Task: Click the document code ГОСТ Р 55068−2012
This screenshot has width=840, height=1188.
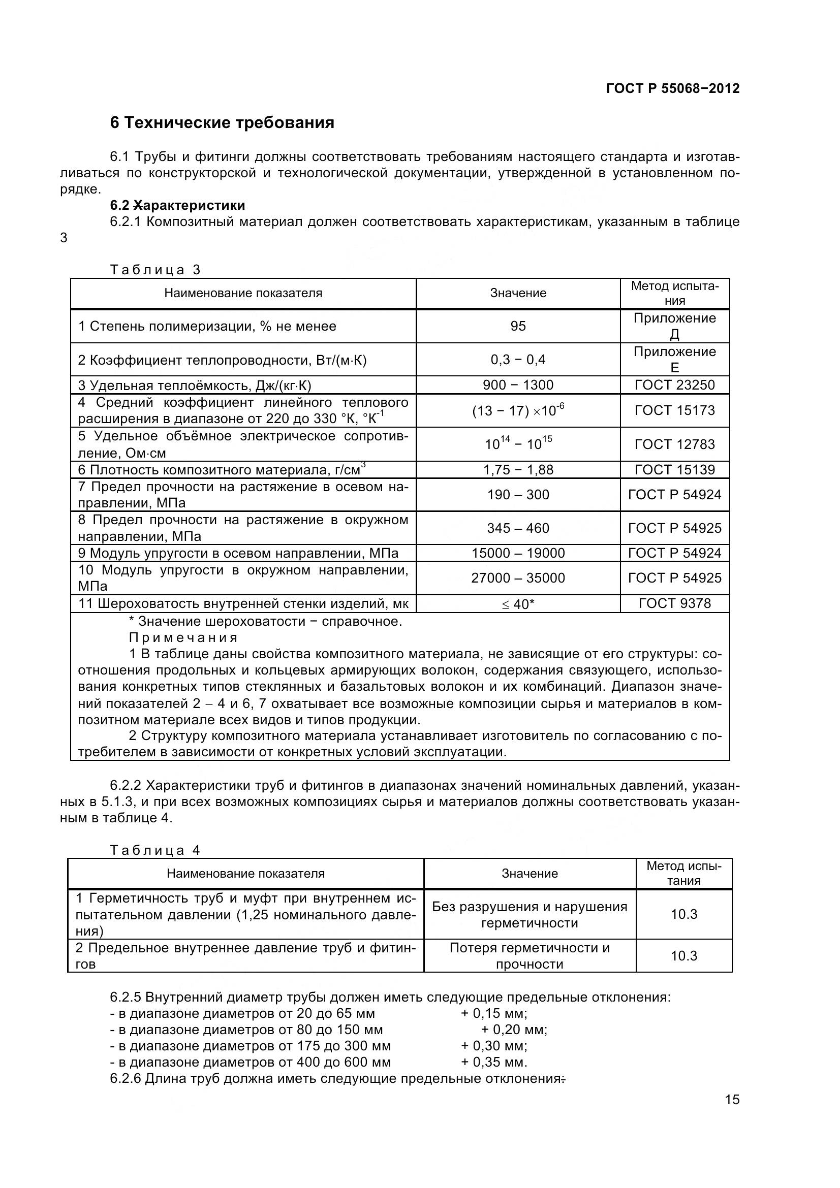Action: coord(672,88)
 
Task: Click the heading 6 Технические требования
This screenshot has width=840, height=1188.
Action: coord(222,122)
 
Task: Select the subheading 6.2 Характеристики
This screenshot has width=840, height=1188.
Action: coord(177,205)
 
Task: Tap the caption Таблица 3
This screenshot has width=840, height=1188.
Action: coord(155,270)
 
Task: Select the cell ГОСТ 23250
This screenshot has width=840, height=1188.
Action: coord(674,385)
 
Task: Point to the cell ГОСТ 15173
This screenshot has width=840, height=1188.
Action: coord(674,410)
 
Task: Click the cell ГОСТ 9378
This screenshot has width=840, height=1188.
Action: coord(674,603)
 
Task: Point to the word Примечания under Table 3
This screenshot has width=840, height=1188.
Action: coord(183,637)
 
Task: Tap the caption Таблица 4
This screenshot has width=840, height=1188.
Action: coord(155,850)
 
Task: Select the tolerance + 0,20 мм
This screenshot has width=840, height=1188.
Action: coord(513,1030)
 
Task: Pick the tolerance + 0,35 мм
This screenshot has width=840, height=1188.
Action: coord(493,1062)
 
